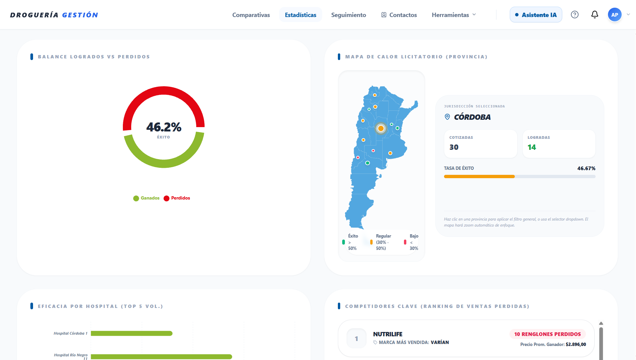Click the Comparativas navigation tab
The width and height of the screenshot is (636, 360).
(x=251, y=15)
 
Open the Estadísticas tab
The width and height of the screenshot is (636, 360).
(x=300, y=15)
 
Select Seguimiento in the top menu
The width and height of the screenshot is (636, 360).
(x=349, y=15)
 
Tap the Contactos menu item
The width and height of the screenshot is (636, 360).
(x=399, y=15)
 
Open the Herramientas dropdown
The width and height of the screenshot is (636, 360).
(x=454, y=15)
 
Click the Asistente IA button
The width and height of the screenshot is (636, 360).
(x=536, y=15)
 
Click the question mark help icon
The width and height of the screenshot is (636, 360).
(x=575, y=15)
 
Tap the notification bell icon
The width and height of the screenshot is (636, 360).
(x=595, y=15)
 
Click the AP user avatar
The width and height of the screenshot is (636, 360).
(x=615, y=15)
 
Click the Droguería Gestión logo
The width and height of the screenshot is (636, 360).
(x=54, y=15)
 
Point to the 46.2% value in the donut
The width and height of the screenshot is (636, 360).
(x=164, y=127)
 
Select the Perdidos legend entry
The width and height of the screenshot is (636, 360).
(x=177, y=198)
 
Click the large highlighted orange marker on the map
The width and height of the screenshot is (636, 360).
(x=381, y=128)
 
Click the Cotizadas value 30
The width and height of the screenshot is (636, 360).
(x=454, y=147)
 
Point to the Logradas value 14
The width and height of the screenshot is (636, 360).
(x=532, y=147)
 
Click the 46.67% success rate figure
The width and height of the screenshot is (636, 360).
(x=586, y=168)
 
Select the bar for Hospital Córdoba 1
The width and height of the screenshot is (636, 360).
(x=132, y=333)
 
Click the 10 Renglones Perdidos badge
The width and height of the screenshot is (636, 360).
(x=548, y=334)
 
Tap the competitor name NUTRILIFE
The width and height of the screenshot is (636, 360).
(x=388, y=334)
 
